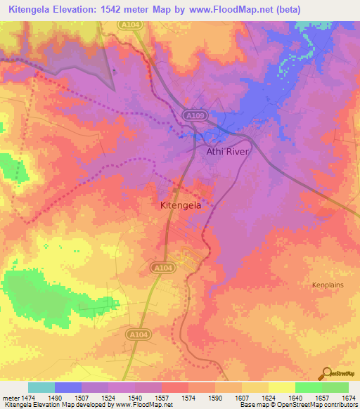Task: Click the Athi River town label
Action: pos(227,151)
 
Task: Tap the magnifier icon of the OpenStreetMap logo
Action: pos(327,374)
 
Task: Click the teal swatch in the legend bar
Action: pos(41,387)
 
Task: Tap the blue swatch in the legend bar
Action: pos(67,387)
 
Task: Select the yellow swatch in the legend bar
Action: pos(281,387)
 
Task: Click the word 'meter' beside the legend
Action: pos(11,398)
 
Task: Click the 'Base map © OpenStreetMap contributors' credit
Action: pos(298,405)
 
